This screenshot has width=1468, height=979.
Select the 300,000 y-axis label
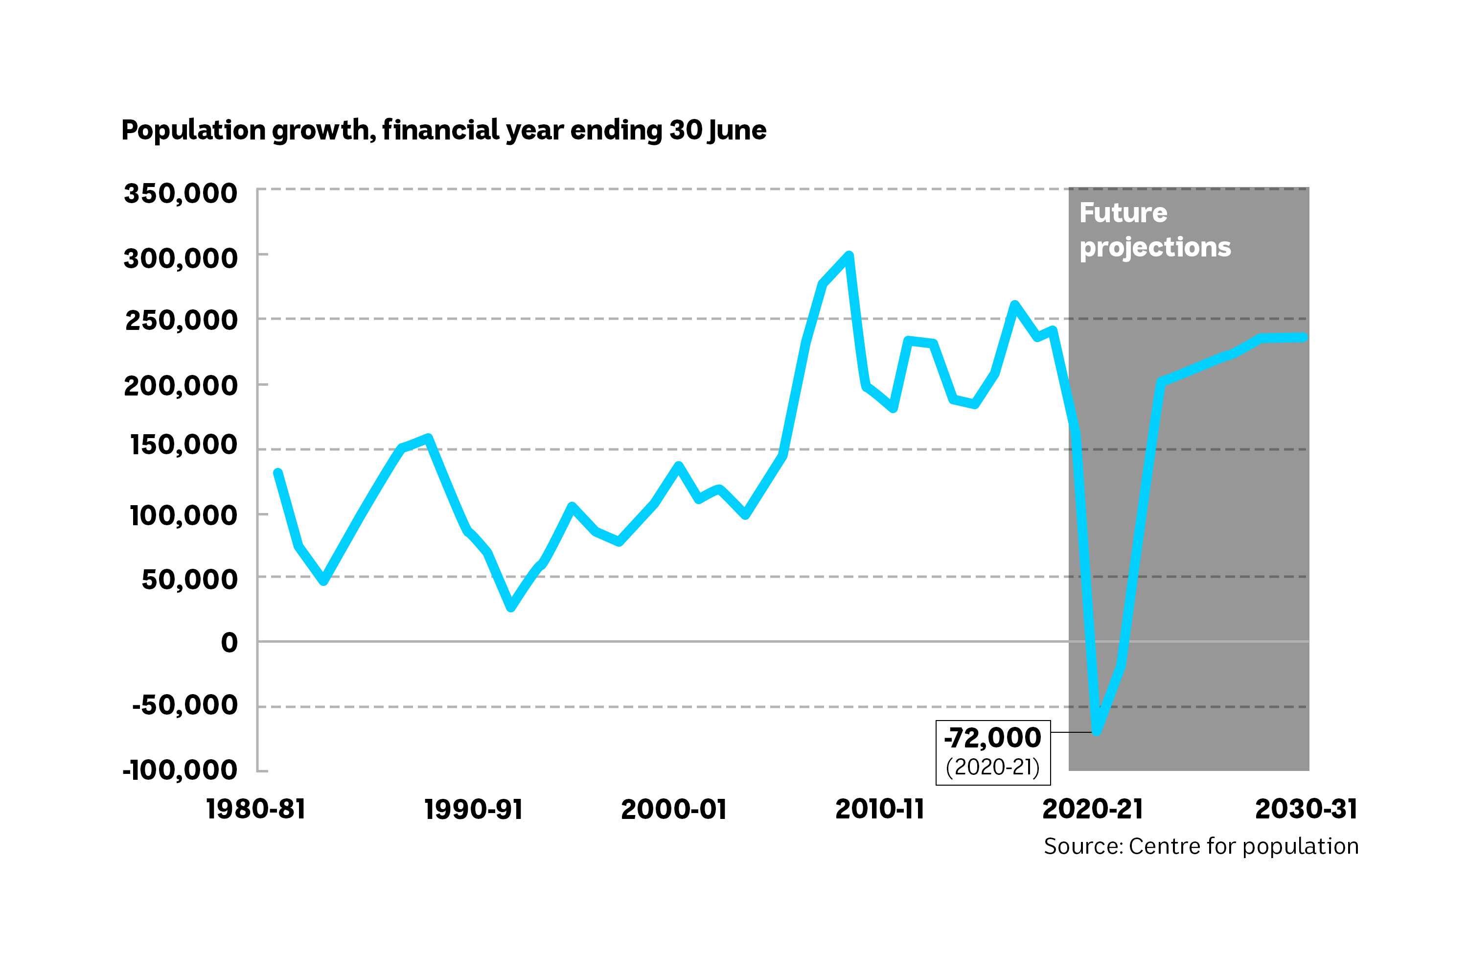pos(181,258)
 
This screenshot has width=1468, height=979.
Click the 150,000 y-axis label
pos(183,445)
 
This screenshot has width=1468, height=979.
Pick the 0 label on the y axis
pos(229,642)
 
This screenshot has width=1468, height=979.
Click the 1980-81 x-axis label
pos(256,809)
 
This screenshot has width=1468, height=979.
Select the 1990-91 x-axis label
pos(473,809)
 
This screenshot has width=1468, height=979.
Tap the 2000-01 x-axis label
pos(674,809)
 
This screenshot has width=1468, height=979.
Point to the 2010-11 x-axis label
pos(879,809)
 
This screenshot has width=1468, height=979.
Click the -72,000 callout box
pos(992,752)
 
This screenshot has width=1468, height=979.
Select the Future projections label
pos(1155,230)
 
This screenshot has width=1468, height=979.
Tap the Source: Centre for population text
pos(1201,846)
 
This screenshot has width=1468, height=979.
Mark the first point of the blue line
pos(278,473)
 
